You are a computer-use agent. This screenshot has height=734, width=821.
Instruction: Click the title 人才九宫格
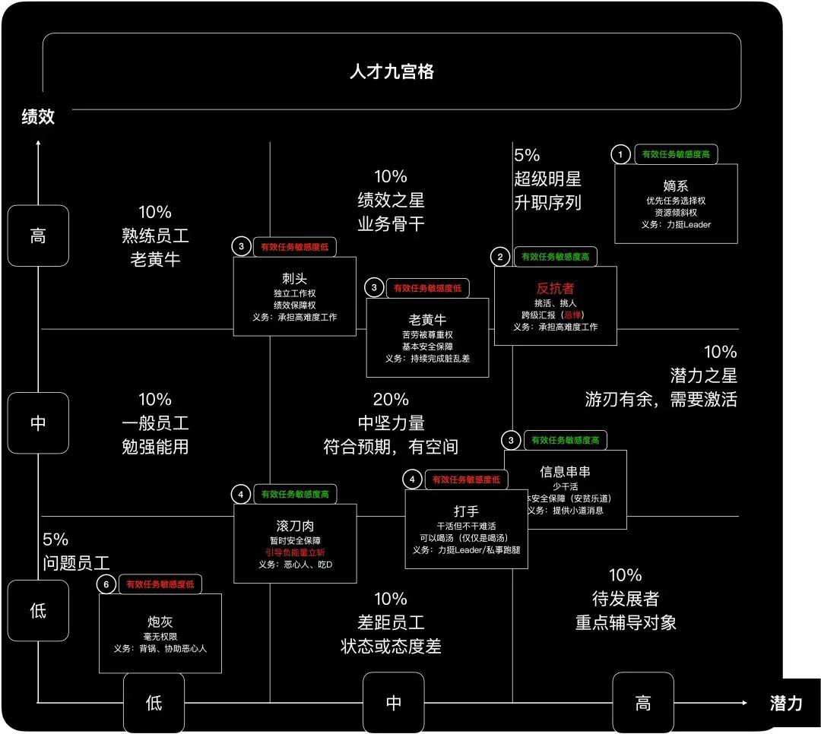click(391, 72)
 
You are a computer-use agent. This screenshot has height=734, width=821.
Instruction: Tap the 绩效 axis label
click(38, 117)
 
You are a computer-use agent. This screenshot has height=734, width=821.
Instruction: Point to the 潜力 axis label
click(785, 703)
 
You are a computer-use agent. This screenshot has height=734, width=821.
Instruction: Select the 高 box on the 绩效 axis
click(38, 236)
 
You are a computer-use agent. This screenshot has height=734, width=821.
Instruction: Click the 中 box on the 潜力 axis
click(394, 703)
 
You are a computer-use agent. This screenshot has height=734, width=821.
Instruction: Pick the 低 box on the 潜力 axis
click(154, 703)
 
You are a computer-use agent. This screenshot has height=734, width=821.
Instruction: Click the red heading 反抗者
click(555, 289)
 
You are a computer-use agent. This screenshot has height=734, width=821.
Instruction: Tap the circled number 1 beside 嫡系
click(621, 155)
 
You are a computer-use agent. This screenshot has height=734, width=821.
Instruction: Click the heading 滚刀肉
click(295, 526)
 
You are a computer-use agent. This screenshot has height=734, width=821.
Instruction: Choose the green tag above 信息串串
click(567, 440)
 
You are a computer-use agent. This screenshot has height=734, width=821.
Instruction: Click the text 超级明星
click(547, 179)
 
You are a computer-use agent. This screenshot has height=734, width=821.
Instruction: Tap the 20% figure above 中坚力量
click(391, 399)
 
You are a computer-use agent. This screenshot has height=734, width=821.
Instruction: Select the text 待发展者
click(626, 598)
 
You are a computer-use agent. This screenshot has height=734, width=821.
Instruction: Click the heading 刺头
click(294, 278)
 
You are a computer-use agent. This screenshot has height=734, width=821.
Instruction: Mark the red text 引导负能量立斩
click(295, 552)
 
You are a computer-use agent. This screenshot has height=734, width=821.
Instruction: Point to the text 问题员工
click(77, 563)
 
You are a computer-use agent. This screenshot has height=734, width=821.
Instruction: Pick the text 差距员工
click(391, 622)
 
